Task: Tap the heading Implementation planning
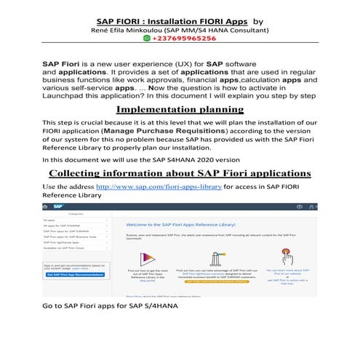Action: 179,108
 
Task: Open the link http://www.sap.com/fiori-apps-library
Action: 159,186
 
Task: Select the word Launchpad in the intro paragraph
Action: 66,95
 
